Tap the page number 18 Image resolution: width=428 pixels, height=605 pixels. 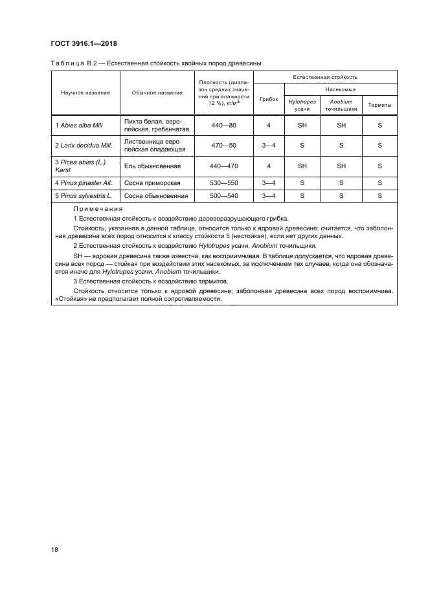click(54, 548)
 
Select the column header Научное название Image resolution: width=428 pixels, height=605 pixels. click(85, 93)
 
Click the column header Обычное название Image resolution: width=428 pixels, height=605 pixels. click(156, 93)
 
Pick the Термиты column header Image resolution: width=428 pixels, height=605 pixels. click(379, 105)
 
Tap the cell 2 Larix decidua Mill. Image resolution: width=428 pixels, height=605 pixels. click(80, 146)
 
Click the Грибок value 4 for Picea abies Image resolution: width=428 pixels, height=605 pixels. click(268, 166)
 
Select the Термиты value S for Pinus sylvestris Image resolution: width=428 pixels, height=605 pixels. click(379, 195)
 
